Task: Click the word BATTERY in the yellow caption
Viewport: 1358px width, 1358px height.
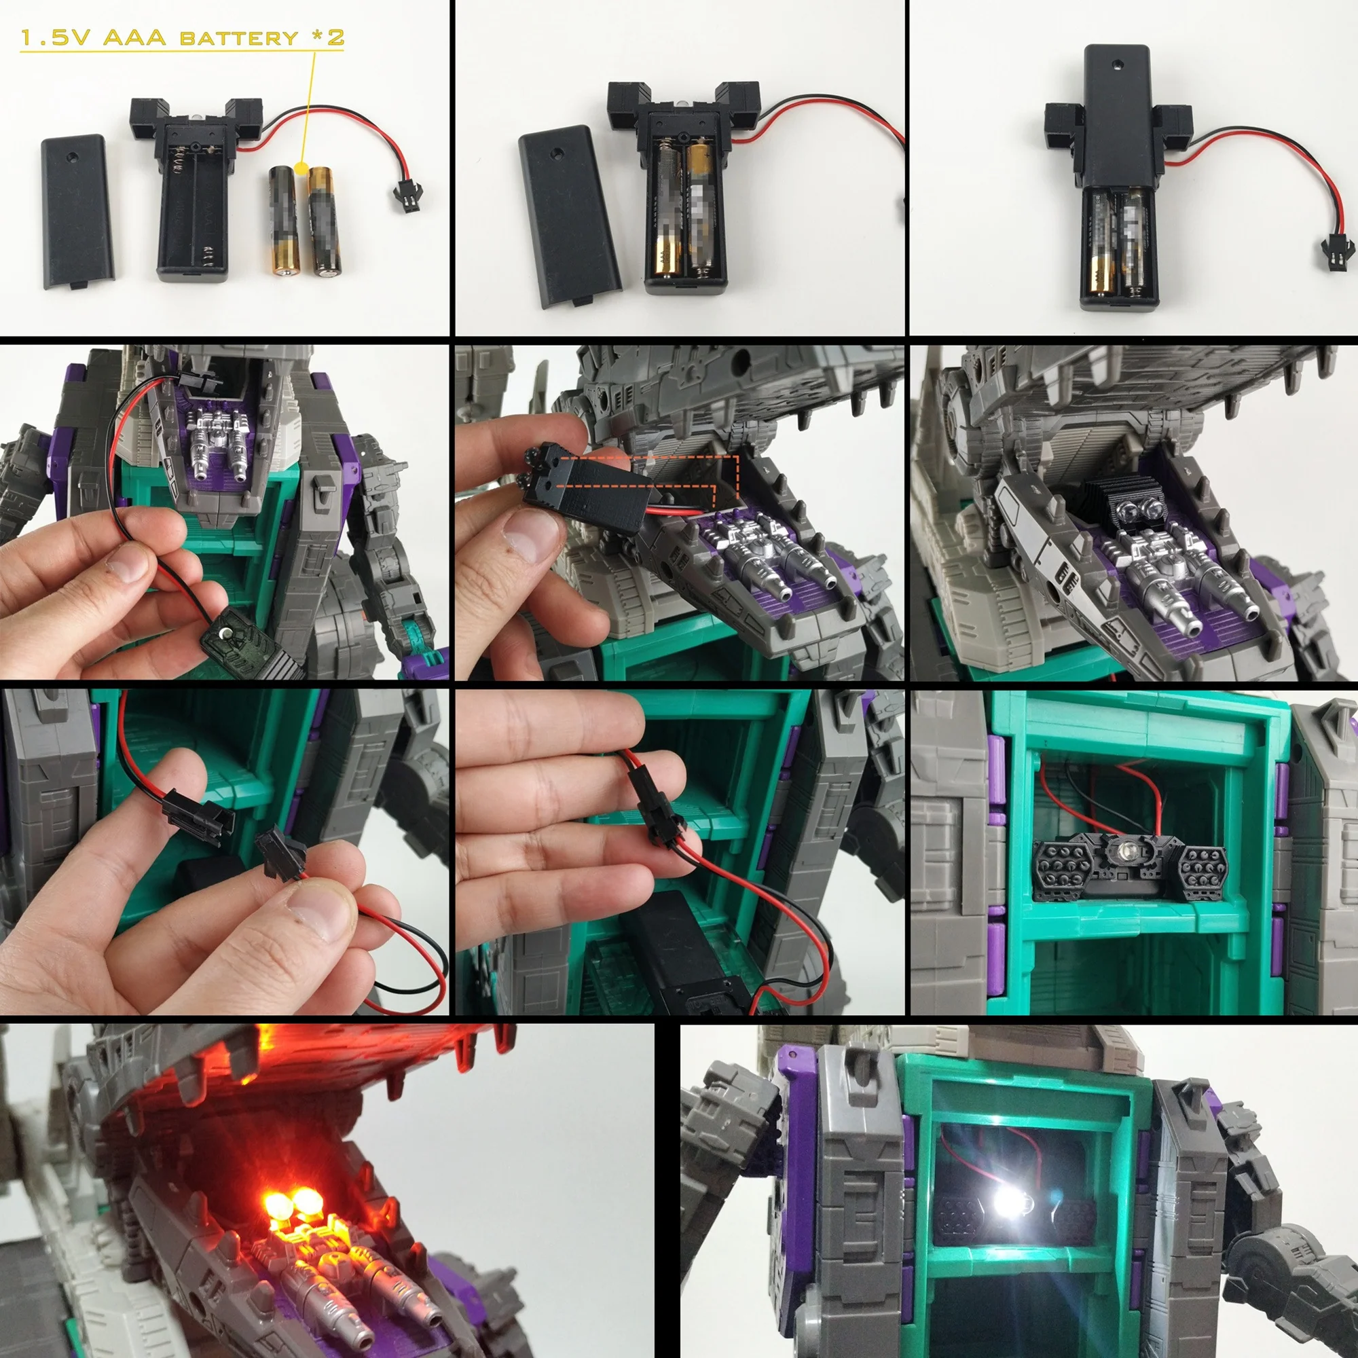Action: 239,37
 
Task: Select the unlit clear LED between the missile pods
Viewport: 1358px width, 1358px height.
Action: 1125,851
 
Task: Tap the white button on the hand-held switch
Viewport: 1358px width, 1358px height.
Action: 223,634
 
